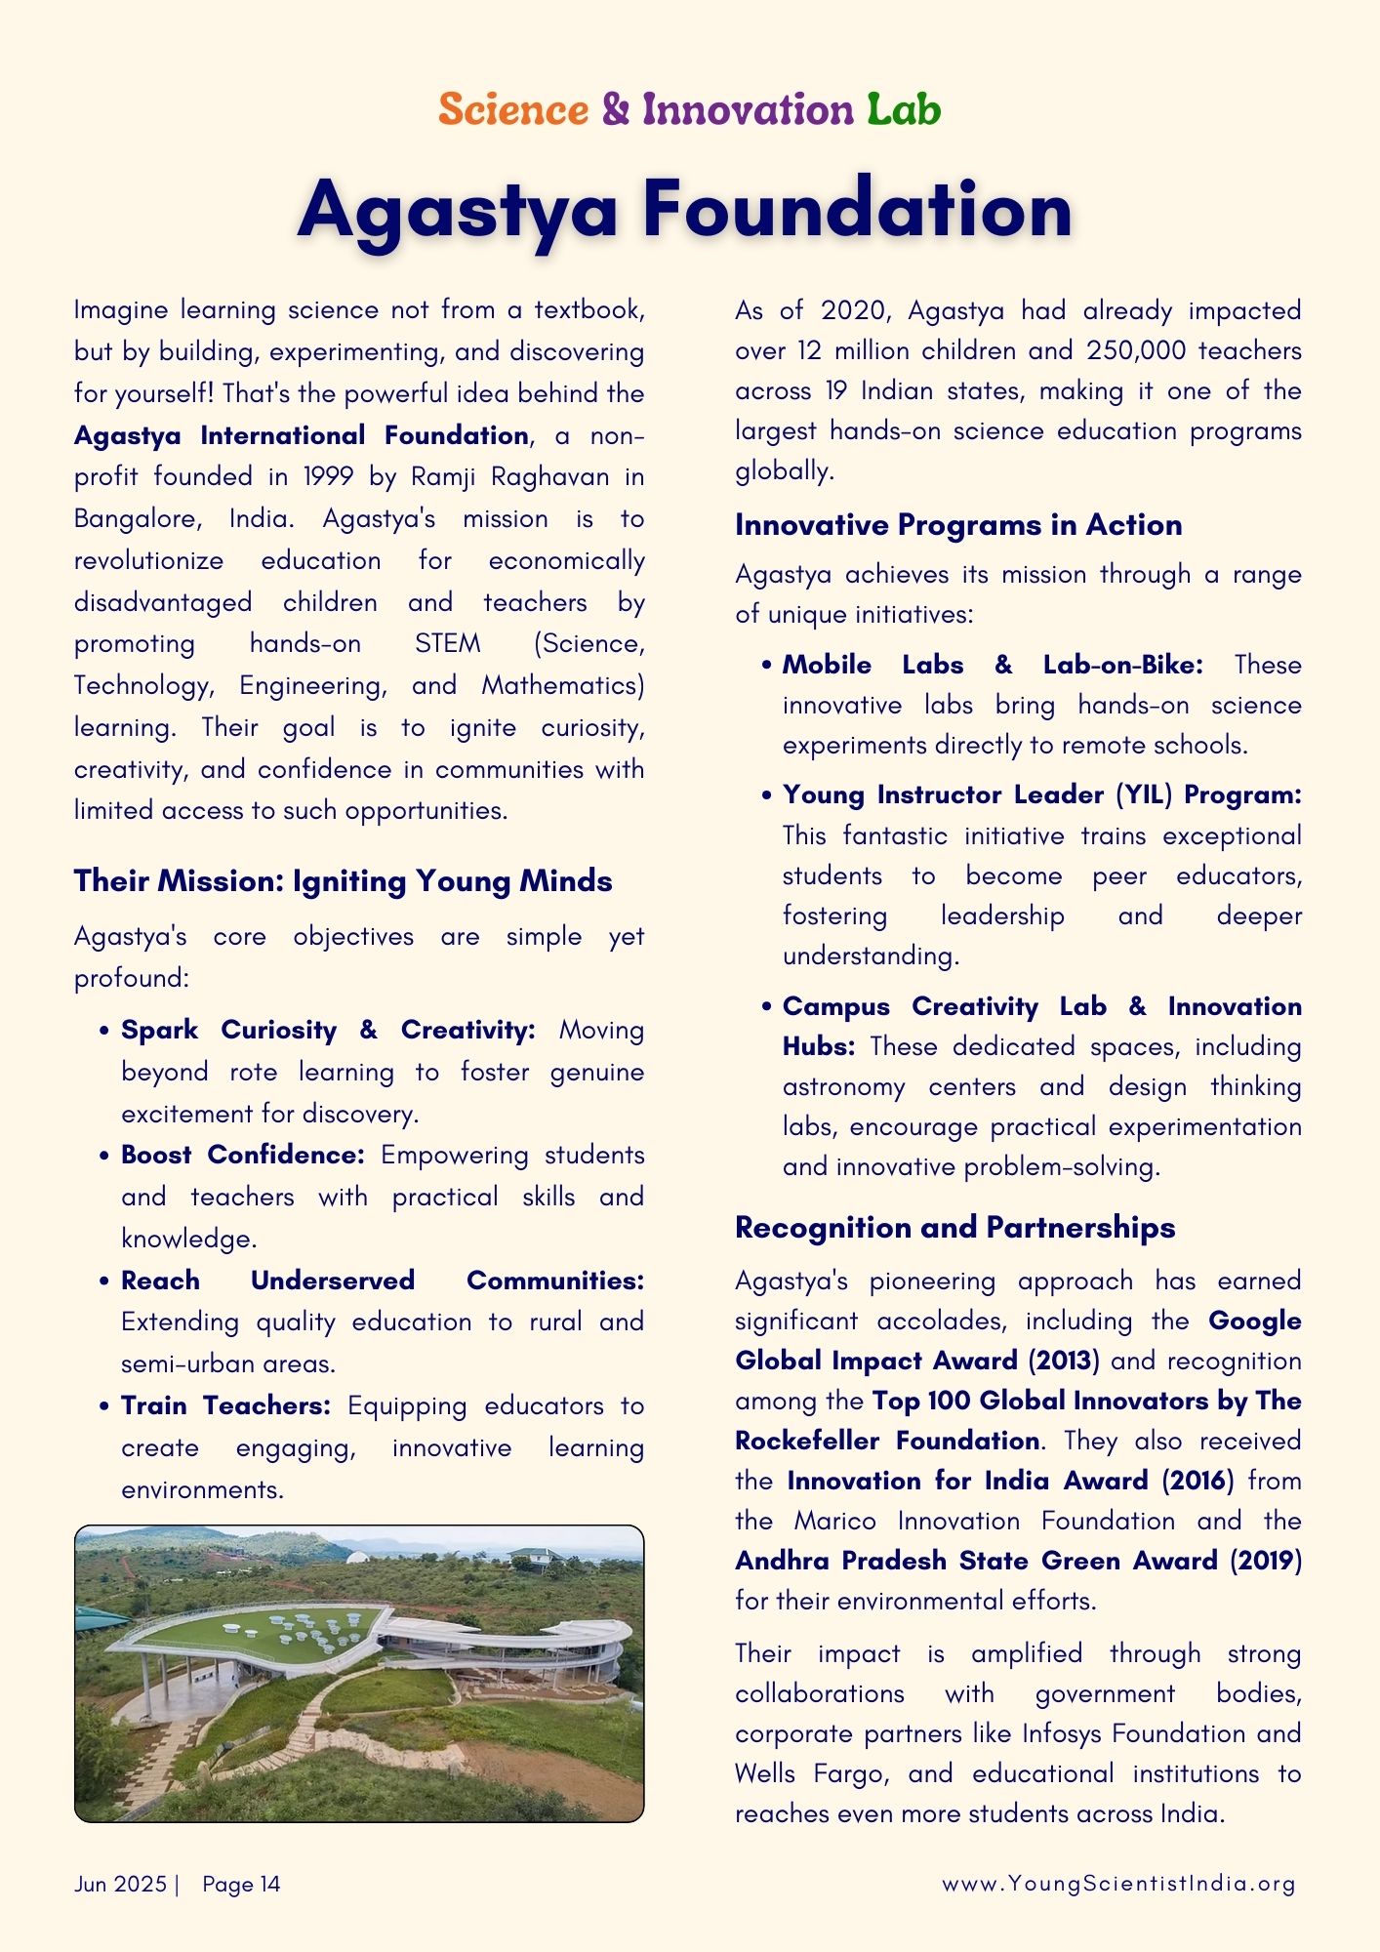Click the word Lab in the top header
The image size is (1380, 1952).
tap(903, 109)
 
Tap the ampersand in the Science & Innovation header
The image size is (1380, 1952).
tap(616, 109)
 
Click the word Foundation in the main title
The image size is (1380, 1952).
tap(858, 210)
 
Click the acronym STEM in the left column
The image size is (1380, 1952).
tap(447, 644)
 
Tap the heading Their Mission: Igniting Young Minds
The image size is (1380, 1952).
tap(343, 881)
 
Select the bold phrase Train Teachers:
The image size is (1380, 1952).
tap(225, 1406)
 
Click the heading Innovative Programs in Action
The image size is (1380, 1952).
tap(957, 525)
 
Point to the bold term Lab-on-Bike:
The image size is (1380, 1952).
tap(1122, 666)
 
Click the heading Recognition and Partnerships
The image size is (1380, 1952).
tap(954, 1228)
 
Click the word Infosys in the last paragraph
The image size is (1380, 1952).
tap(1062, 1734)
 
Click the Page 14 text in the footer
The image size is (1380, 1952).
tap(241, 1885)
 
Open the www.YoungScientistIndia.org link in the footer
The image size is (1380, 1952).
tap(1118, 1885)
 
